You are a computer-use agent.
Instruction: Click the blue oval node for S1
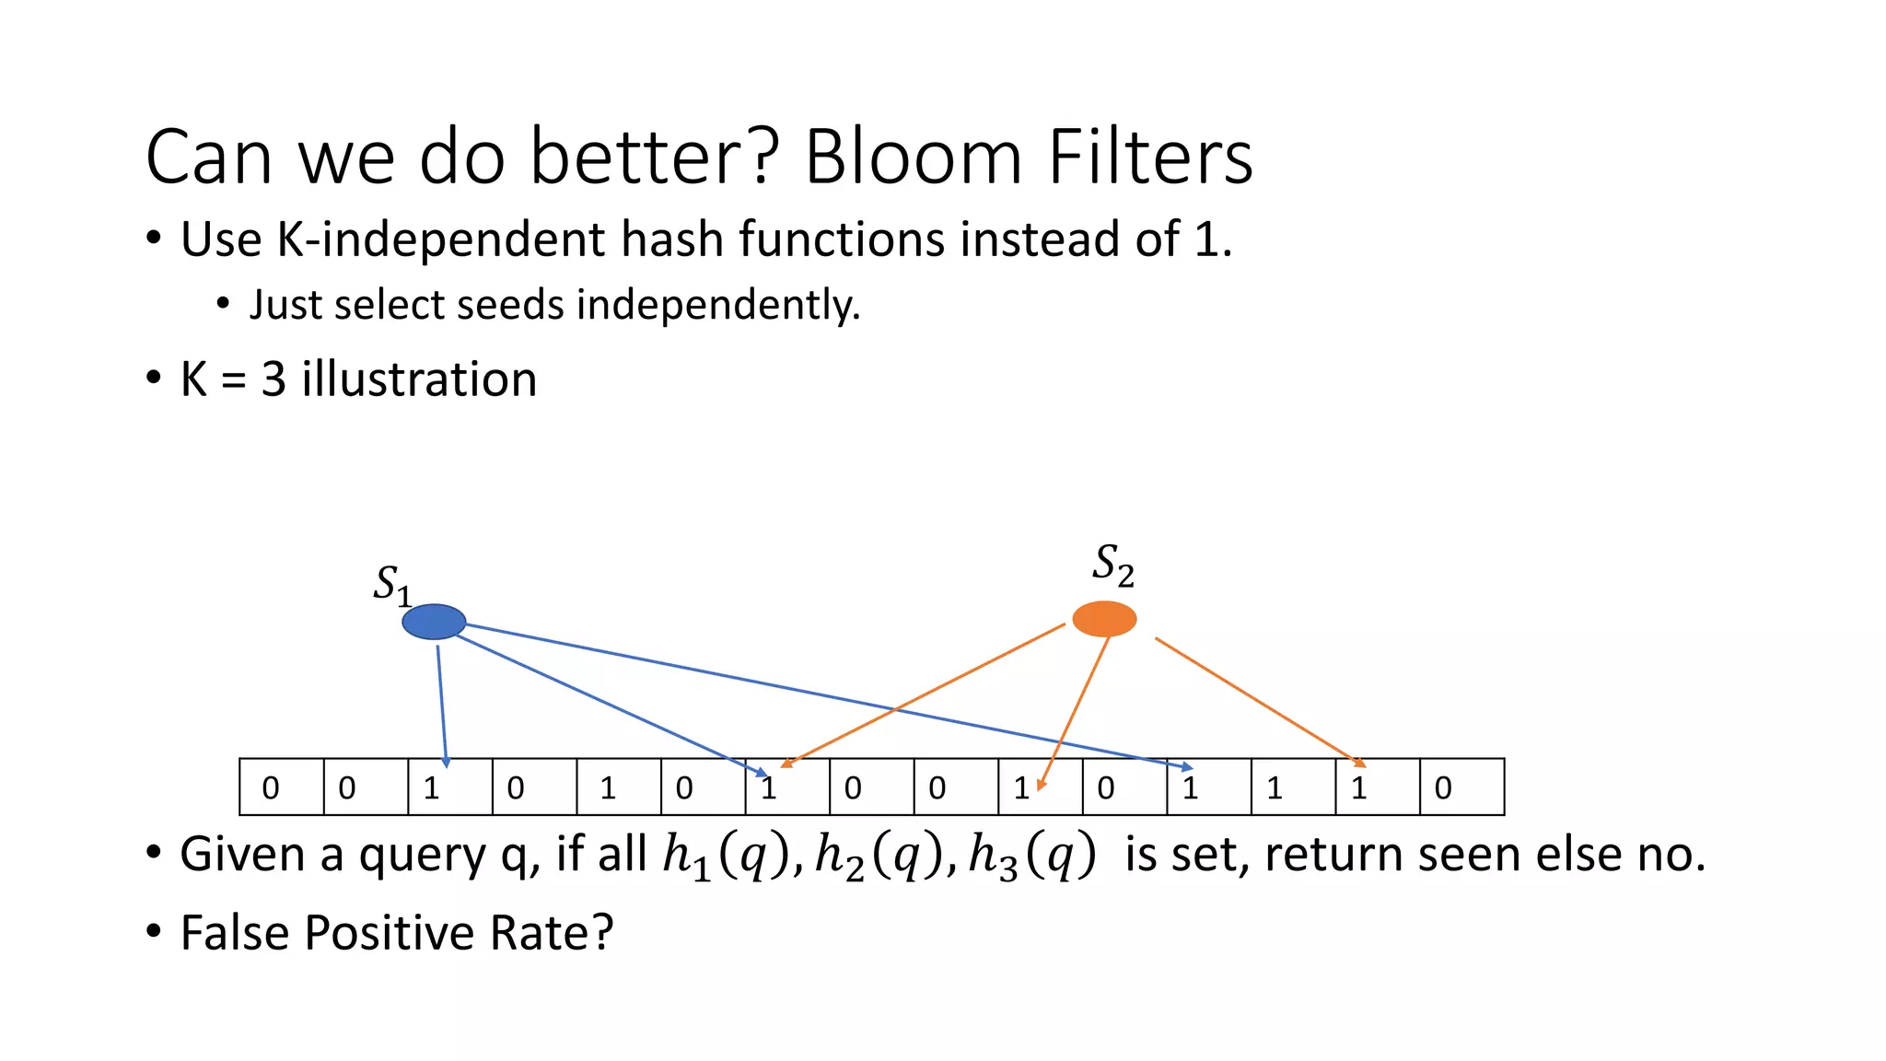[434, 622]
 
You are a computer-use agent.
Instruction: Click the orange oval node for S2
[1104, 619]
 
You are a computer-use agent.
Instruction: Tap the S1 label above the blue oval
[391, 585]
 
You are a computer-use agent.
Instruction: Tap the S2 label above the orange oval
[1112, 565]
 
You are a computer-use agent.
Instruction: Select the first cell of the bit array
[281, 787]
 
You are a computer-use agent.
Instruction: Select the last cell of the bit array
[1461, 787]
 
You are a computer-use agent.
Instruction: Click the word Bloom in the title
[913, 157]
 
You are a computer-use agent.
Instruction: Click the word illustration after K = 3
[419, 379]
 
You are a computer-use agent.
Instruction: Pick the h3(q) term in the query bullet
[1032, 856]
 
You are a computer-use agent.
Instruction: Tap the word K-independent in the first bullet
[442, 239]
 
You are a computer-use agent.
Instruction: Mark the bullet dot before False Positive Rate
[154, 931]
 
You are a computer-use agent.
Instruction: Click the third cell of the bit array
[450, 787]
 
